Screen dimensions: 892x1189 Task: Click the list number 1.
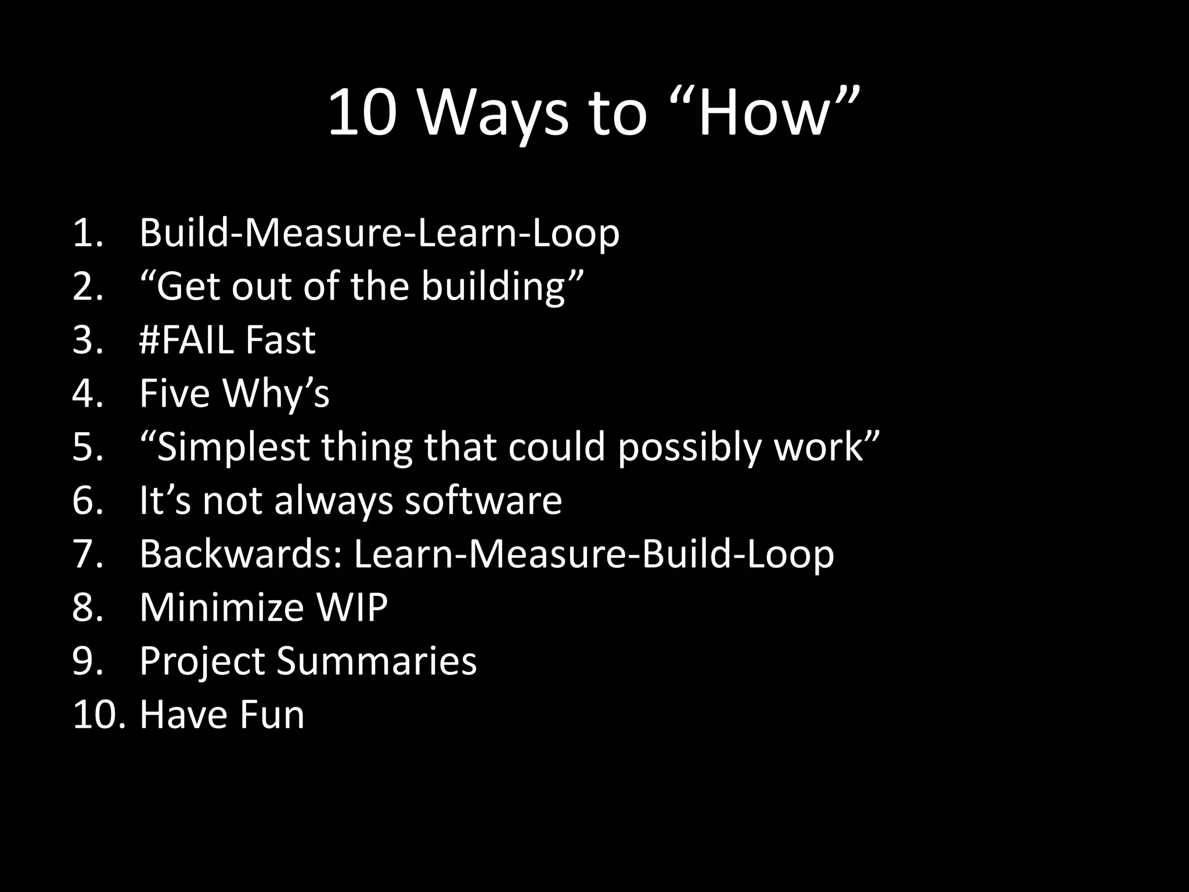[x=88, y=233]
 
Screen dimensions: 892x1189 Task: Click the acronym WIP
[x=352, y=607]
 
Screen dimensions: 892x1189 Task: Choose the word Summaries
[x=376, y=661]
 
